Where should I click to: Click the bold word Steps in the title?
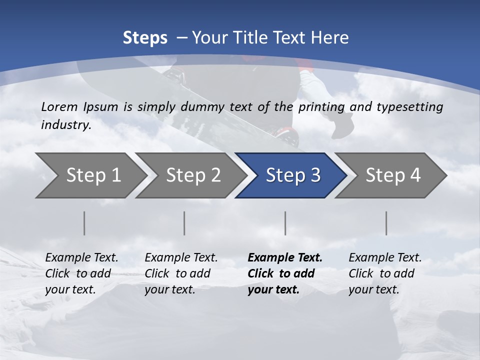(x=145, y=38)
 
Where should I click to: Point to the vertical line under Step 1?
(x=84, y=223)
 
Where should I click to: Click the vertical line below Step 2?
(x=184, y=223)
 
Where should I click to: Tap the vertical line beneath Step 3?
(x=285, y=223)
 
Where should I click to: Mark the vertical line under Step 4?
(x=386, y=223)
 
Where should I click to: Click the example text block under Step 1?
(x=81, y=273)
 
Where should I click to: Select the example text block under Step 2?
(x=181, y=273)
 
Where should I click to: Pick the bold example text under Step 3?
(x=285, y=273)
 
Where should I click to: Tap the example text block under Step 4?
(x=385, y=273)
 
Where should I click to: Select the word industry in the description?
(x=65, y=125)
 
